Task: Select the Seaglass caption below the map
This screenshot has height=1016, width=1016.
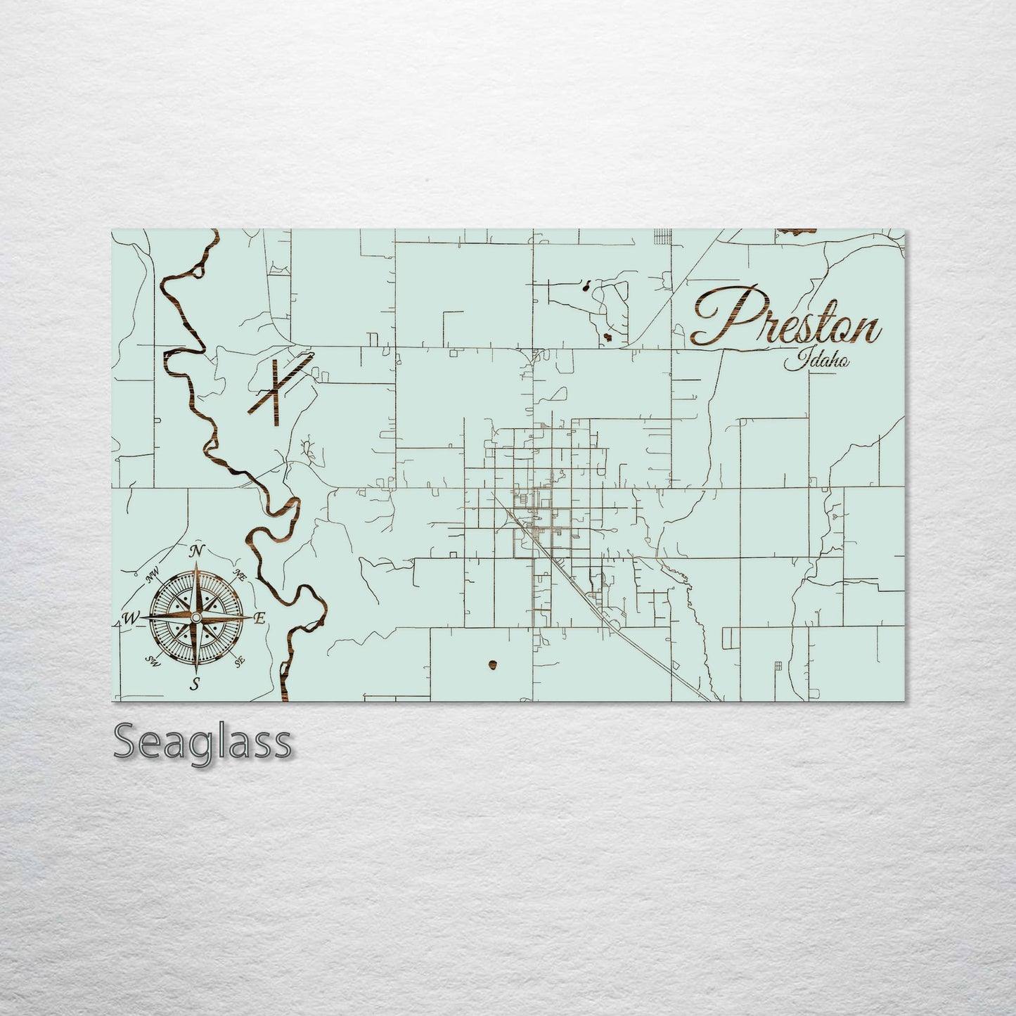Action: click(x=202, y=742)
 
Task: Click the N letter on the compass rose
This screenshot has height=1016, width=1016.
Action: click(x=198, y=550)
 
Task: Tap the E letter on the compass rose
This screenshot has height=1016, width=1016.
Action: click(x=259, y=619)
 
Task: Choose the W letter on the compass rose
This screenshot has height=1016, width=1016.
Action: click(x=131, y=619)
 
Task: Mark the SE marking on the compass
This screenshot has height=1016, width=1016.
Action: click(x=240, y=661)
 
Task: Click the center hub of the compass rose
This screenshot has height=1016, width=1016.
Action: click(x=196, y=617)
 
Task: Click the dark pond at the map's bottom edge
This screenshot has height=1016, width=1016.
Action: click(x=492, y=664)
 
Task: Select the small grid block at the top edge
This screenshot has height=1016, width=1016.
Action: click(x=660, y=236)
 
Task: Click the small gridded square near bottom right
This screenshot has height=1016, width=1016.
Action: click(x=778, y=666)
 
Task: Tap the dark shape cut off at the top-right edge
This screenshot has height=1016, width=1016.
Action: click(x=797, y=231)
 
